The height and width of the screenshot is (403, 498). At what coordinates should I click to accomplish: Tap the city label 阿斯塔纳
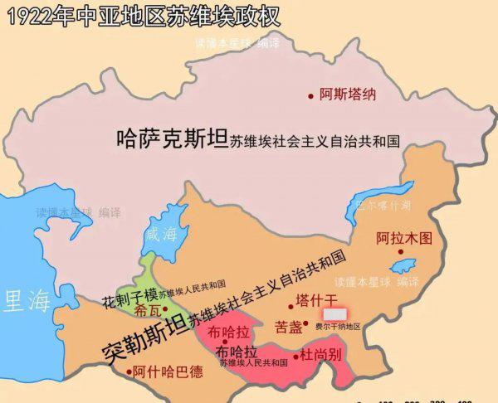[348, 95]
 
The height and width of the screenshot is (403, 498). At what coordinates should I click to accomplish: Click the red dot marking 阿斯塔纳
[312, 95]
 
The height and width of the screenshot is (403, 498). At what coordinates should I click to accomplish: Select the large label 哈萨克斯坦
[171, 138]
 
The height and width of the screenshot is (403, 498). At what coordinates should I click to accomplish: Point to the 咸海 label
[162, 234]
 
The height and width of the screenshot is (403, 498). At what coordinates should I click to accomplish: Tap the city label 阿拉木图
[404, 238]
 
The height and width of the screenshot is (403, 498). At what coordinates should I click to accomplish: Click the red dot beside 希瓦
[165, 308]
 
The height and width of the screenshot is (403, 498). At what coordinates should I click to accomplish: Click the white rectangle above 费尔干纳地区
[334, 315]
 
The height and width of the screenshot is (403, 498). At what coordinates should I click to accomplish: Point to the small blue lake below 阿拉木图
[403, 266]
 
